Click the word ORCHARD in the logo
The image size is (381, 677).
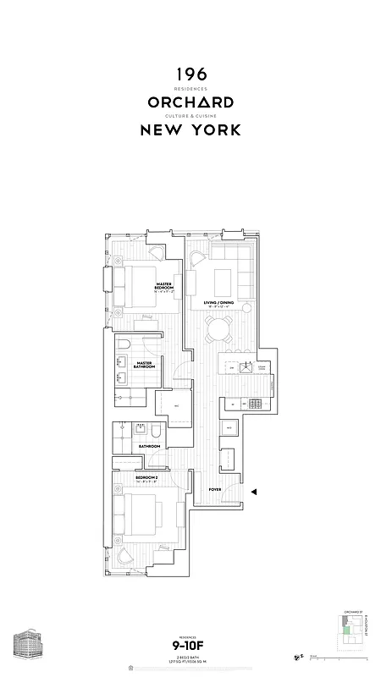pos(190,102)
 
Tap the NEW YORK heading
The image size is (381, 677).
pos(190,130)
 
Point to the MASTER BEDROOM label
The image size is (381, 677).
pos(163,288)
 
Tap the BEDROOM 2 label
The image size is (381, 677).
pos(147,478)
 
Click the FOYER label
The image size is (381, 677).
pos(215,490)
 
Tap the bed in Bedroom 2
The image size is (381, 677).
pos(144,512)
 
